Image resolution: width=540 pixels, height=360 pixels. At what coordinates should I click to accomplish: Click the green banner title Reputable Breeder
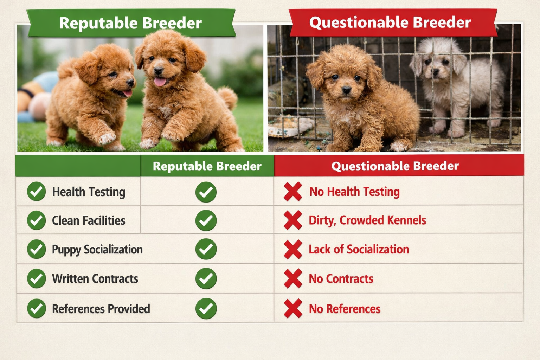point(130,23)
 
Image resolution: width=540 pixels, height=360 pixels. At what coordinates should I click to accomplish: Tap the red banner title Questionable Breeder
point(390,22)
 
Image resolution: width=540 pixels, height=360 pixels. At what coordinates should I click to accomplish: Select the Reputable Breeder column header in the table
point(207,166)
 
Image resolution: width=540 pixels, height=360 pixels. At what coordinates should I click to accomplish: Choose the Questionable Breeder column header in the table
point(395,166)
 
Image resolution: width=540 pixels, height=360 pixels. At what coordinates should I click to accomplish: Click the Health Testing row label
point(89,192)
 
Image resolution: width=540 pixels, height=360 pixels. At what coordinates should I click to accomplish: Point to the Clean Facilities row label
point(89,220)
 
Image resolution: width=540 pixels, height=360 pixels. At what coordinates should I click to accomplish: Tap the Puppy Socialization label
point(97,250)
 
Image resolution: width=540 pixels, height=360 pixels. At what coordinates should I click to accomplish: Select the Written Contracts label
point(95,279)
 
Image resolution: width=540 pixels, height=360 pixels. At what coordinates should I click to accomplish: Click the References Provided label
point(101,309)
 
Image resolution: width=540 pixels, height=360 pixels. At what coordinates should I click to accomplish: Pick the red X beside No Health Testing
point(293,192)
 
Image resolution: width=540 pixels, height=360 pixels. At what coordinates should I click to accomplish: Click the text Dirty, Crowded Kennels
point(367,220)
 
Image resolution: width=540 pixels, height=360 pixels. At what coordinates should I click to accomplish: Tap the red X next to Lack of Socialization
point(293,249)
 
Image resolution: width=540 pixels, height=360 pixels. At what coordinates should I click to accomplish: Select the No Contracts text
point(341,279)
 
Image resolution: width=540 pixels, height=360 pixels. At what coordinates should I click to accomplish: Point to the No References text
point(345,309)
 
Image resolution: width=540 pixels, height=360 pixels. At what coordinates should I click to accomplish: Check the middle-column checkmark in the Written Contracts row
point(206,278)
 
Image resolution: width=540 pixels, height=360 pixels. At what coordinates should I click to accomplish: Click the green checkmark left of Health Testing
point(36,192)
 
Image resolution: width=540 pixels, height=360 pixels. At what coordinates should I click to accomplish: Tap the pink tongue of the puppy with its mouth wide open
point(160,82)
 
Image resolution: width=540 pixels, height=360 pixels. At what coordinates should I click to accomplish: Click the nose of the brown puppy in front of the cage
point(346,90)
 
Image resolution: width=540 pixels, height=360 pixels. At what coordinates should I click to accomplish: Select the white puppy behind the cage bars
point(457,84)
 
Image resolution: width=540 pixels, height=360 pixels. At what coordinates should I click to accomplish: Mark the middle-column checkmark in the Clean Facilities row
point(206,220)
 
